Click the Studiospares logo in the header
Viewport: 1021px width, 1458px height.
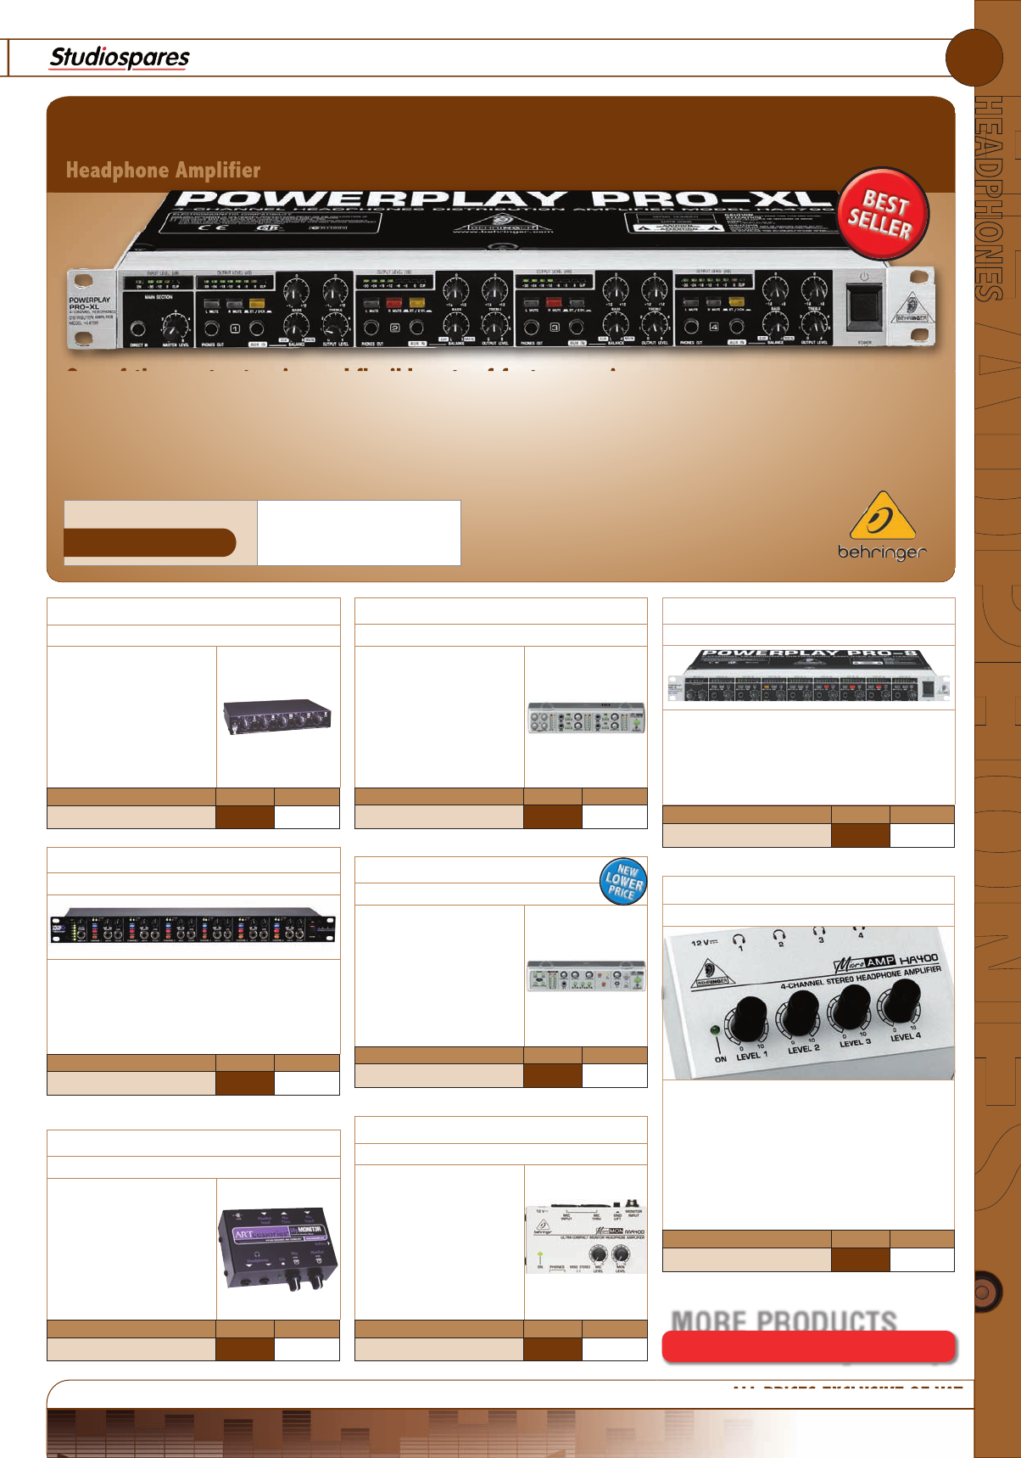point(120,58)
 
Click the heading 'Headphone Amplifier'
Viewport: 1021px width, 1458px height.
point(163,171)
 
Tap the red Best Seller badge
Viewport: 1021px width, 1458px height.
point(883,214)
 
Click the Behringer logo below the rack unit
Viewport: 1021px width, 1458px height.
point(882,526)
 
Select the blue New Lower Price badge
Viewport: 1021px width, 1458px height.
point(623,881)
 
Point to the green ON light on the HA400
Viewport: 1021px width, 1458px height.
point(717,1030)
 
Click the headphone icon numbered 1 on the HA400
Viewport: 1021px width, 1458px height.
point(739,940)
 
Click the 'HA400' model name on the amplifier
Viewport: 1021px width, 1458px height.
point(918,959)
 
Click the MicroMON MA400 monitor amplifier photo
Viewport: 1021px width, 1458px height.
point(586,1239)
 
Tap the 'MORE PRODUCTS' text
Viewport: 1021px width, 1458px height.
point(784,1321)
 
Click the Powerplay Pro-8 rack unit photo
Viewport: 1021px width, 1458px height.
point(808,676)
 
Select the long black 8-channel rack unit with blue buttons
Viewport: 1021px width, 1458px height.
point(193,926)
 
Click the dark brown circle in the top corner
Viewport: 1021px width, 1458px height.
point(974,57)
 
